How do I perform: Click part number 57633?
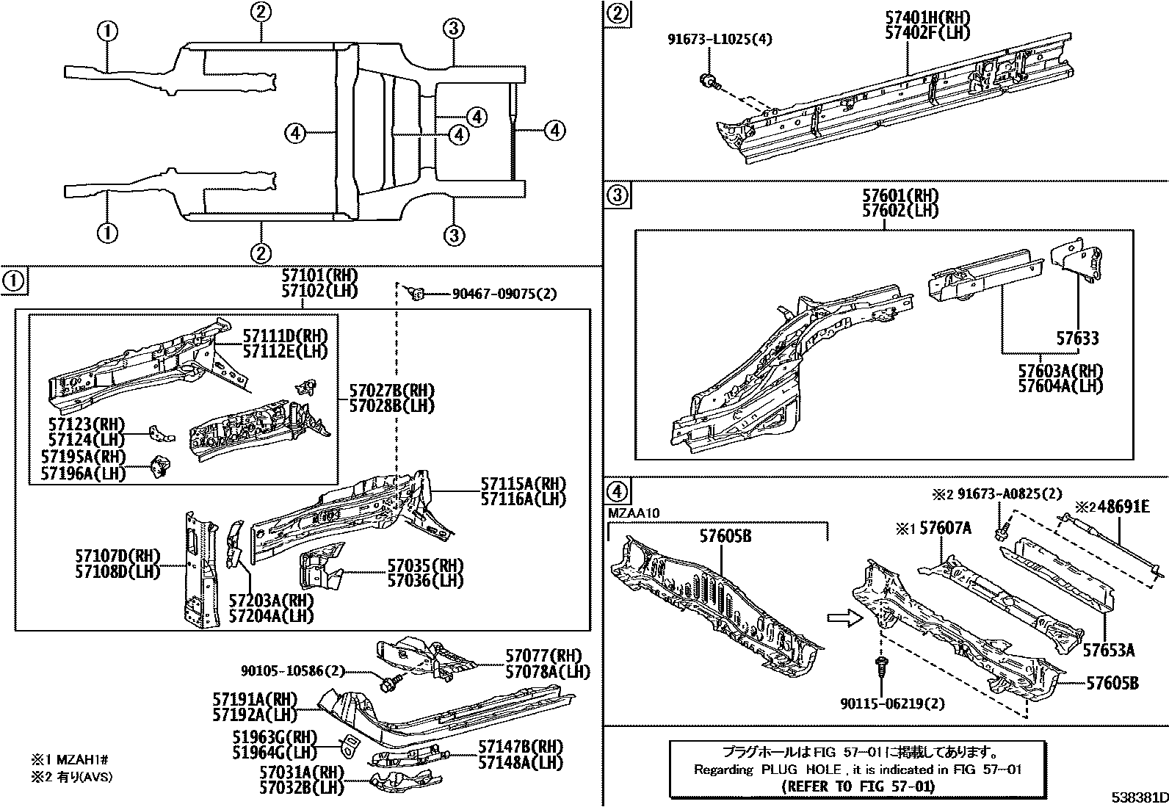coord(1077,339)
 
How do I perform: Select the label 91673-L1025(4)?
coord(720,40)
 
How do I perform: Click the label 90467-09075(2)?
coord(504,294)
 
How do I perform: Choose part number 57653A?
coord(1110,649)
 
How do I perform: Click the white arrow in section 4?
coord(842,618)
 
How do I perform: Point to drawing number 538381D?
coord(1138,797)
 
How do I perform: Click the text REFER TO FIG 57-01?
coord(857,786)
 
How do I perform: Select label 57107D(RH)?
coord(117,556)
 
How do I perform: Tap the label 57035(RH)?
coord(425,565)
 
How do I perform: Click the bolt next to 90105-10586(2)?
coord(389,682)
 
